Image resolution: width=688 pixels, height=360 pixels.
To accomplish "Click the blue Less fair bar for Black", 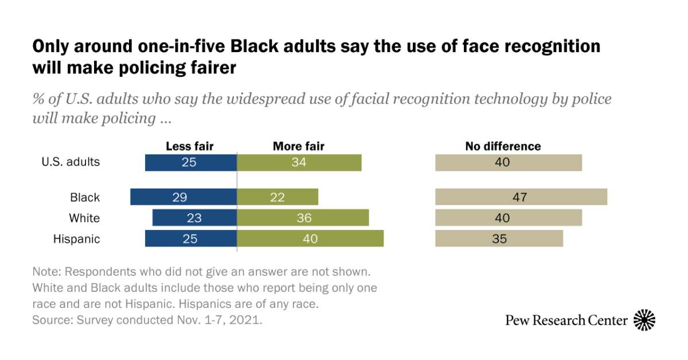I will pos(183,197).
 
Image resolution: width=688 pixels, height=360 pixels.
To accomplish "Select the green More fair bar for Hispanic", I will pos(310,238).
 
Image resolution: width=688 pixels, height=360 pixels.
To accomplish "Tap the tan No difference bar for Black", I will pos(521,197).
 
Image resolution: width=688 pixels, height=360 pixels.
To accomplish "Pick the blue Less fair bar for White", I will pos(194,218).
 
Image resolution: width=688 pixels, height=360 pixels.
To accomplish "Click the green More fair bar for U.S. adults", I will pos(299,162).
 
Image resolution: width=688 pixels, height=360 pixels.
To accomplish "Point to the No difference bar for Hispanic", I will pos(499,238).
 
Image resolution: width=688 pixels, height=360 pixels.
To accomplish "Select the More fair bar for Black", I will pos(277,197).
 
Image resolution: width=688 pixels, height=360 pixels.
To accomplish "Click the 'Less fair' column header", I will pos(189,146).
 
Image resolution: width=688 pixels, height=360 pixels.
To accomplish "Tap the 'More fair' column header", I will pos(298,146).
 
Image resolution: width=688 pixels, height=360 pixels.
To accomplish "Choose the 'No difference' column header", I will pos(503,146).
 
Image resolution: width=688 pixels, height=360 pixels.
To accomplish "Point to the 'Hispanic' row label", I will pos(77,239).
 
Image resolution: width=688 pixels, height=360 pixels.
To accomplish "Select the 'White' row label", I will pos(84,218).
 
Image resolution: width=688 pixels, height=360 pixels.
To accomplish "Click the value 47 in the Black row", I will pos(520,198).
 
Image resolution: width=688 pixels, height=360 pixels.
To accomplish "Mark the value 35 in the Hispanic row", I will pos(499,238).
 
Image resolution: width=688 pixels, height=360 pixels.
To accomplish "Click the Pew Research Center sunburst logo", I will pos(644,320).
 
